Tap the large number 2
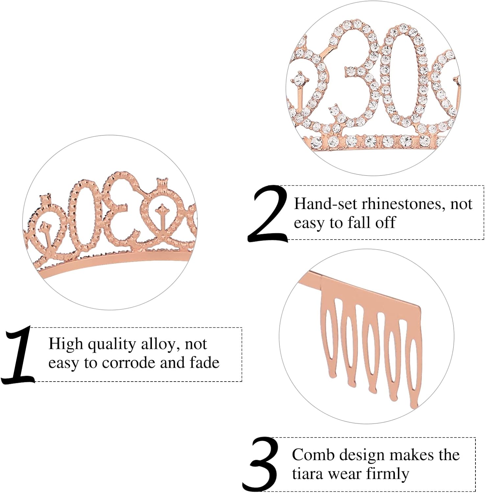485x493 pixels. (x=268, y=214)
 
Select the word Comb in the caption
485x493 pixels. (x=313, y=456)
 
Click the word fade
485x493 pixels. (x=204, y=363)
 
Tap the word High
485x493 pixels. (x=65, y=344)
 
